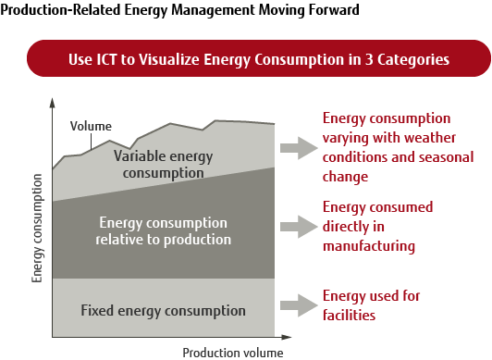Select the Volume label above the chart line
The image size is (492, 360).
(x=91, y=126)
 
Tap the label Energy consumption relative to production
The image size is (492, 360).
(x=163, y=231)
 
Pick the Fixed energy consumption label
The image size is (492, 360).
(x=163, y=310)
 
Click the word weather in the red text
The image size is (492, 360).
(x=421, y=135)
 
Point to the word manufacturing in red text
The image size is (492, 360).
(x=369, y=246)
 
